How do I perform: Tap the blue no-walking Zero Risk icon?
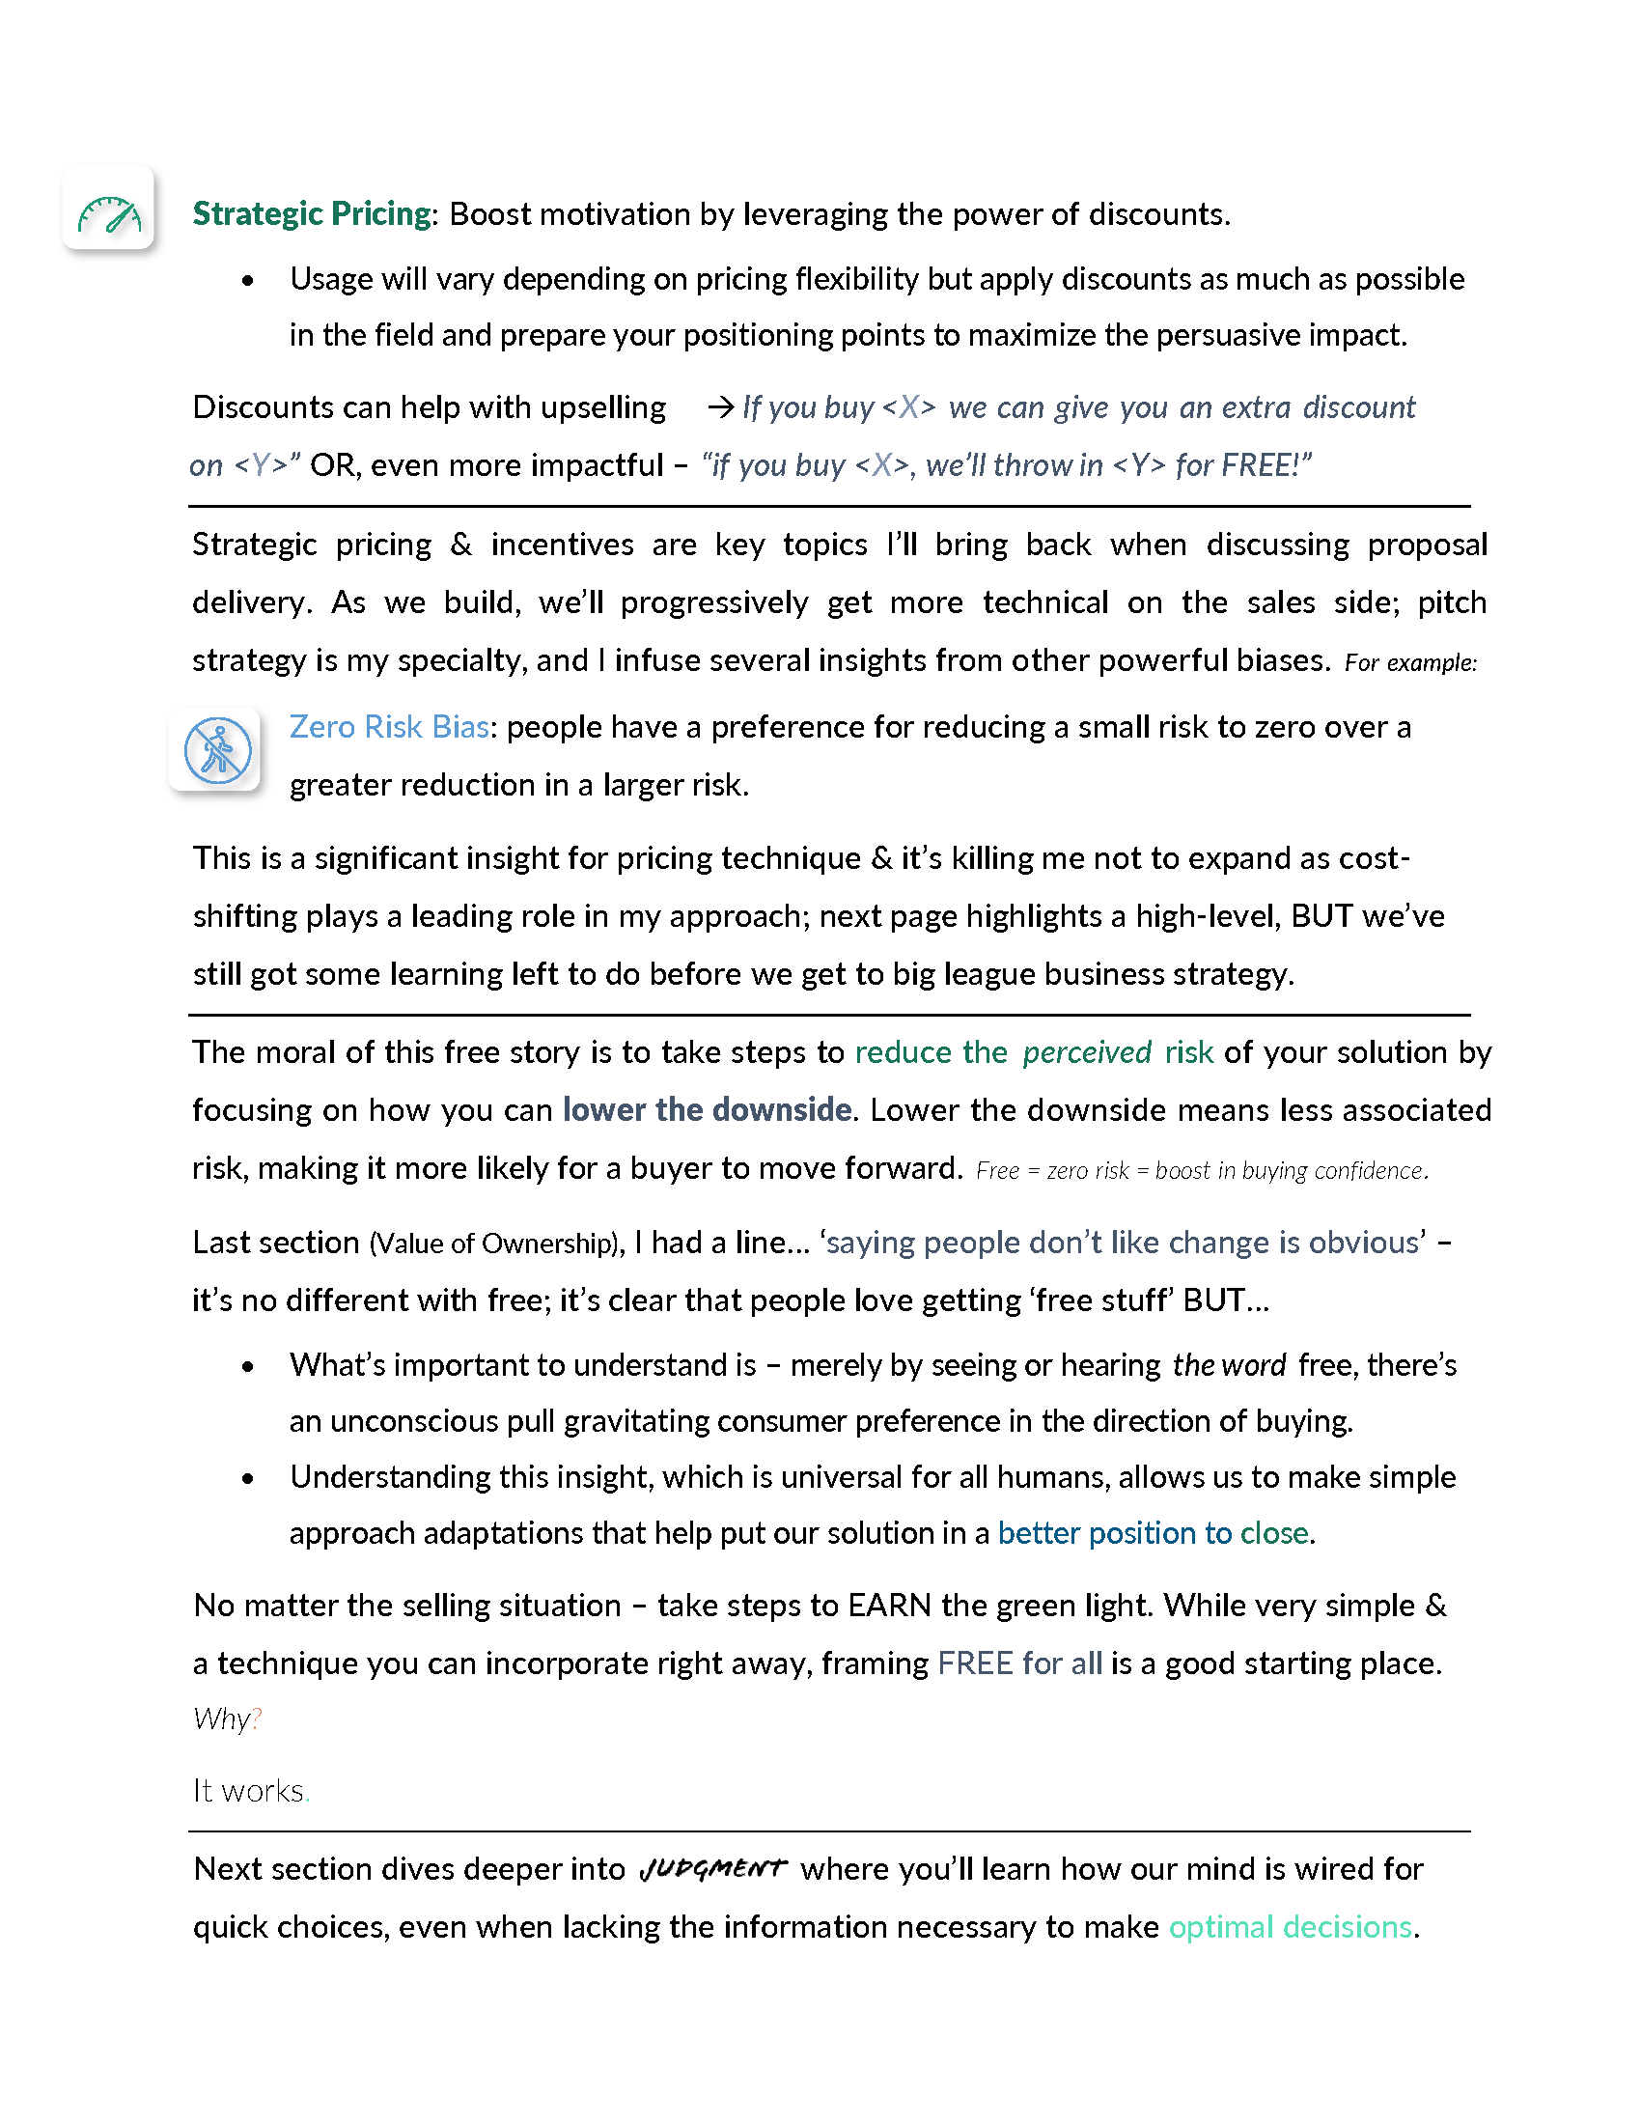point(217,751)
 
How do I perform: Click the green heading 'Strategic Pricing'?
point(311,214)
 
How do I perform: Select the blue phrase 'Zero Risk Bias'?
point(389,727)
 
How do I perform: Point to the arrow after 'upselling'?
point(719,406)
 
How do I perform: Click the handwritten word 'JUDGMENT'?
point(712,1869)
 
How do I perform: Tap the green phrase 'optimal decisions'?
point(1290,1928)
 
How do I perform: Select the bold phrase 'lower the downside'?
point(707,1109)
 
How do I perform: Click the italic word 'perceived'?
point(1086,1052)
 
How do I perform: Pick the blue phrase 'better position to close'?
point(1153,1534)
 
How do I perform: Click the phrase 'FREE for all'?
point(1019,1664)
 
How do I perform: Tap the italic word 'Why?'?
point(227,1719)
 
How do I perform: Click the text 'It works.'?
point(250,1791)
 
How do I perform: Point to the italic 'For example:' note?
point(1409,663)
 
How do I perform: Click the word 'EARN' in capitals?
point(888,1606)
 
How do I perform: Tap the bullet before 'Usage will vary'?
point(248,281)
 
